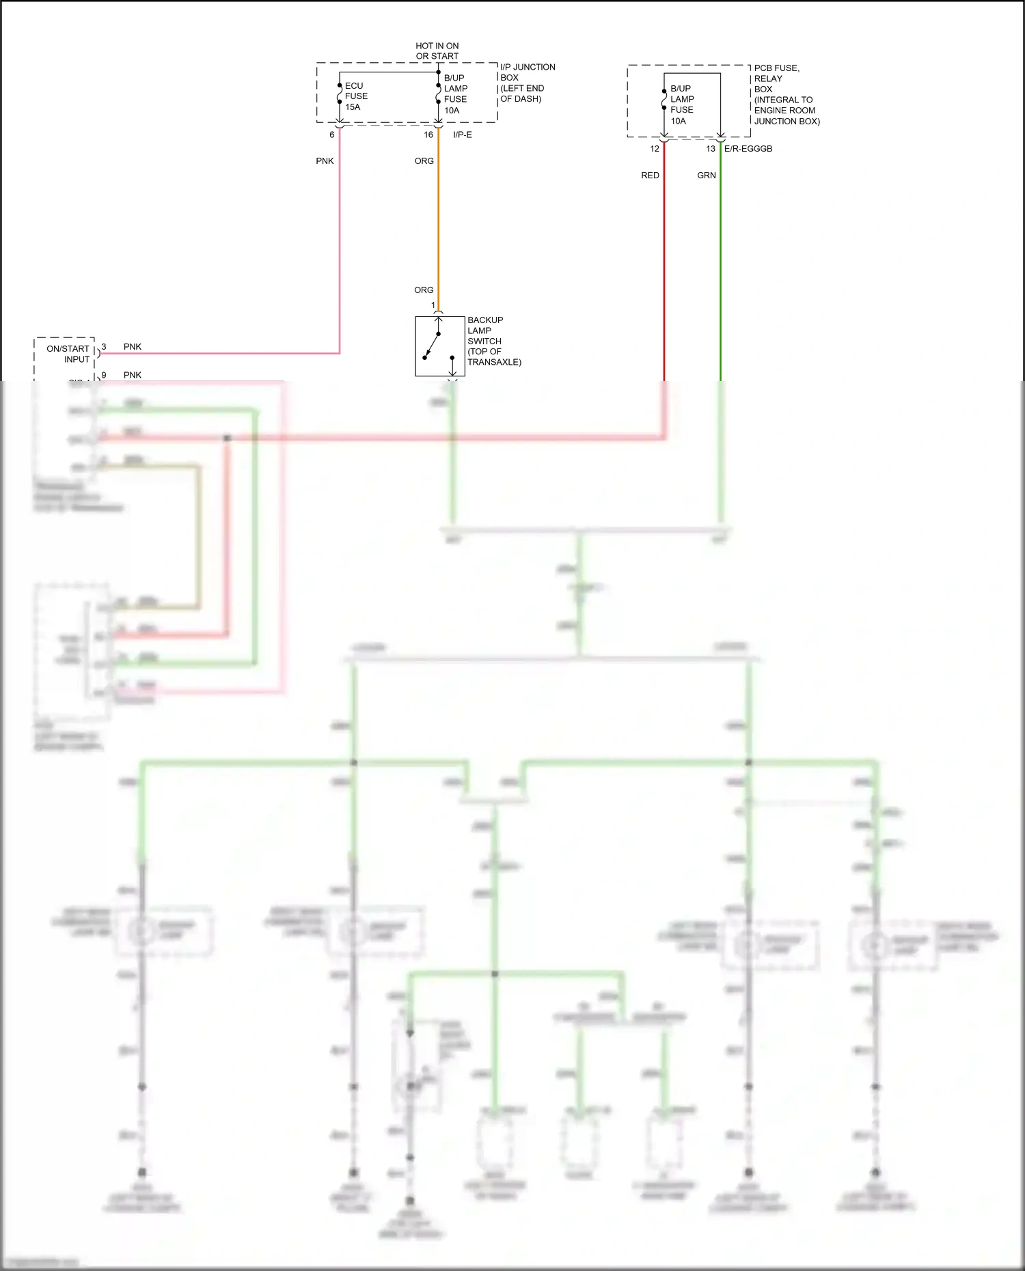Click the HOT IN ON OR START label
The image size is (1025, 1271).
click(x=437, y=51)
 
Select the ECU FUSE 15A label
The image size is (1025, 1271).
click(x=356, y=96)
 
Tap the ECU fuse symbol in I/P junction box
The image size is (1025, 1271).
click(x=340, y=94)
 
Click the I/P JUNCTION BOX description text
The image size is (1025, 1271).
click(x=527, y=83)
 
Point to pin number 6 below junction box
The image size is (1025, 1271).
click(x=332, y=135)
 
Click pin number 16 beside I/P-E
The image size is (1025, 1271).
click(x=428, y=135)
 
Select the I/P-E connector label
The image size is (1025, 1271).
click(x=463, y=135)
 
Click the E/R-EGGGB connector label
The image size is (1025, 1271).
click(x=748, y=148)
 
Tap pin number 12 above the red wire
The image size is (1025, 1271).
click(x=655, y=148)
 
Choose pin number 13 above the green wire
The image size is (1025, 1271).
click(x=711, y=148)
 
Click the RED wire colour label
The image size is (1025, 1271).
click(x=650, y=176)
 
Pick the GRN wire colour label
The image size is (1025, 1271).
click(x=707, y=176)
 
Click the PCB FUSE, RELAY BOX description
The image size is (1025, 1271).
click(x=787, y=94)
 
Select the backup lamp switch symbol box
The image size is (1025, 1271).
click(x=439, y=346)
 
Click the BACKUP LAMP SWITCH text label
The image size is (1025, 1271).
click(x=494, y=341)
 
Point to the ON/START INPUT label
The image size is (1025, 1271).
click(x=68, y=354)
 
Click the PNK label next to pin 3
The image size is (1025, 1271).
click(x=133, y=347)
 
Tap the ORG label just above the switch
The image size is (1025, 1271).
click(x=424, y=290)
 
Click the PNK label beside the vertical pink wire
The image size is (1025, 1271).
click(x=325, y=161)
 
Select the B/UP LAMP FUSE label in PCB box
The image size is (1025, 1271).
click(x=682, y=104)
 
